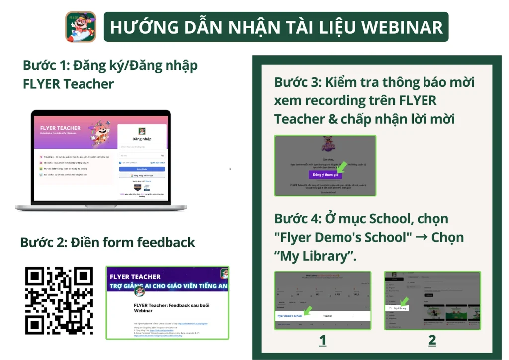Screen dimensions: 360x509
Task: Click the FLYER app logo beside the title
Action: [81, 27]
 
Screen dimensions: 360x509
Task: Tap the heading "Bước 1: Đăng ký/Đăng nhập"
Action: [110, 65]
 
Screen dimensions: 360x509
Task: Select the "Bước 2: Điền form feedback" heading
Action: [108, 242]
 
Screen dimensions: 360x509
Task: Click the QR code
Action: [59, 300]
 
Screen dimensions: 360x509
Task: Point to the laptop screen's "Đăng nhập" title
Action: [142, 139]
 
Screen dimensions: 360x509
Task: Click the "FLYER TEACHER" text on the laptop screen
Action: [60, 128]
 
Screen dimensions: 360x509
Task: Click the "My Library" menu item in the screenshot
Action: [400, 308]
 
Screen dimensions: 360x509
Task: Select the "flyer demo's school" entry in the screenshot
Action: [290, 316]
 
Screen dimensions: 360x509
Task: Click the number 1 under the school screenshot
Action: [323, 340]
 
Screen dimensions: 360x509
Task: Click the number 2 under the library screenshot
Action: [432, 340]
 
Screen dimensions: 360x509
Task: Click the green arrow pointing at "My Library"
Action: [404, 301]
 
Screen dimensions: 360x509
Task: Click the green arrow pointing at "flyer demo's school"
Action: [308, 310]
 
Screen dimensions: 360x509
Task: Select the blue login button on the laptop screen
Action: [142, 169]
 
